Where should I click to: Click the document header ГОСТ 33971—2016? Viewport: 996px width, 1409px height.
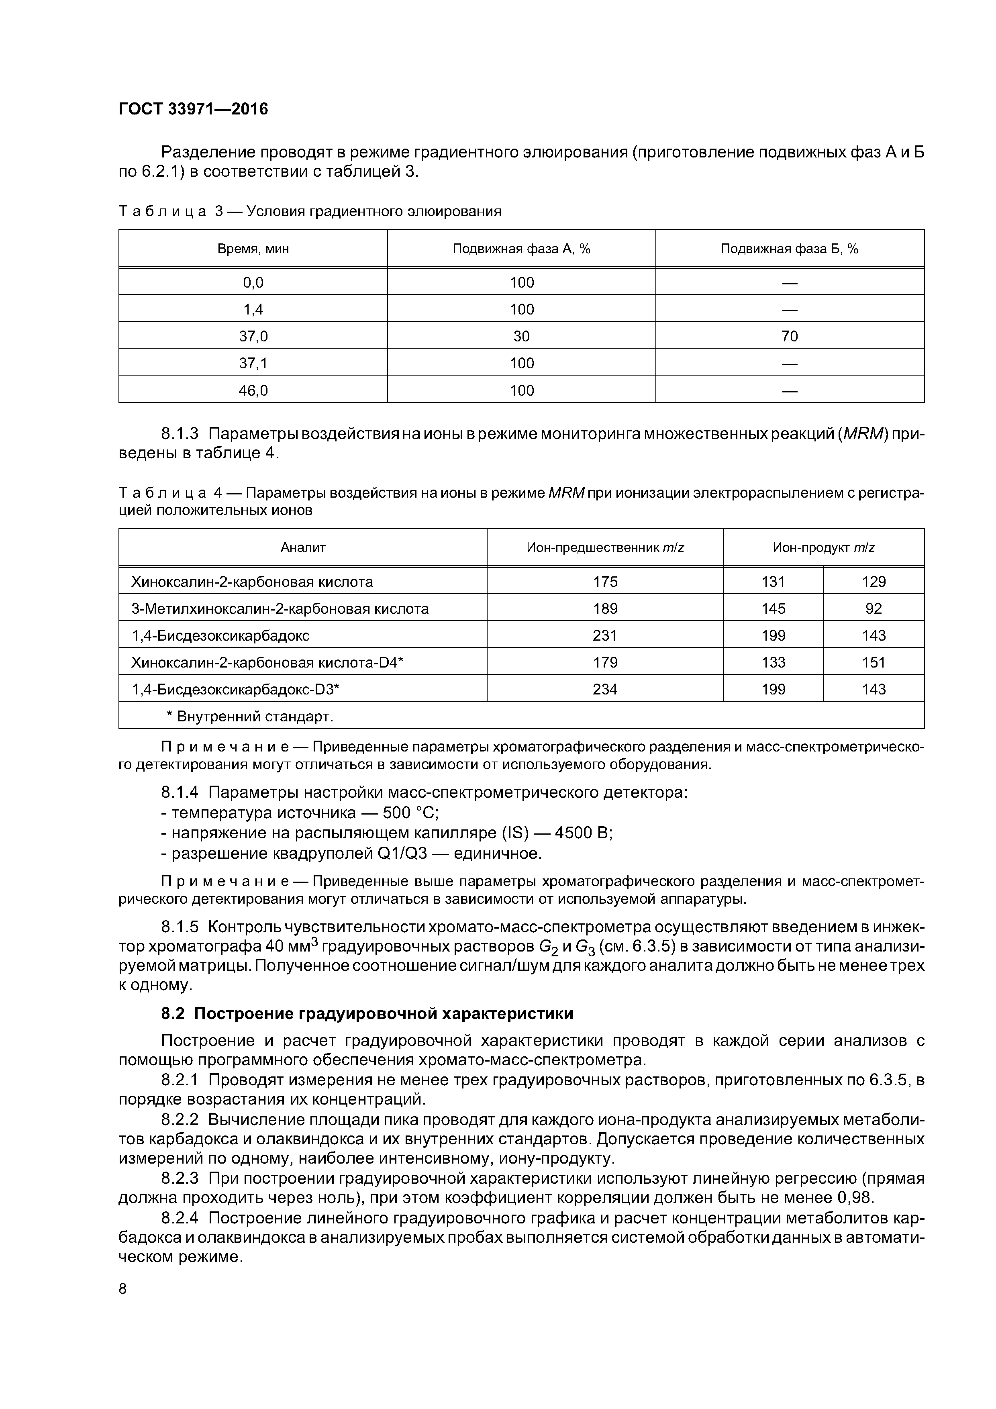tap(193, 109)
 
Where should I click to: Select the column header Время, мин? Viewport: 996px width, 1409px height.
tap(253, 249)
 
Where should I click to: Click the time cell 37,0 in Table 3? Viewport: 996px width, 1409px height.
tap(253, 336)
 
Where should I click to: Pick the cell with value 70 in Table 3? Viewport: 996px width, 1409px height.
tap(790, 336)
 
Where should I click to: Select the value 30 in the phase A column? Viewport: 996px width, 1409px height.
tap(522, 336)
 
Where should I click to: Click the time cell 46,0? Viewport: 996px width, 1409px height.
tap(253, 390)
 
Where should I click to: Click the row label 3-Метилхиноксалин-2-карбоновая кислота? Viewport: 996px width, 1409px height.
tap(280, 609)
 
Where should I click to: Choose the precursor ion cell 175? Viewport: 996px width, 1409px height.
tap(605, 582)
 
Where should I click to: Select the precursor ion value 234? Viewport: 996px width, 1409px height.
tap(605, 689)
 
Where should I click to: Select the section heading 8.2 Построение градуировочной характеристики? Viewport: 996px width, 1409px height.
tap(367, 1014)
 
